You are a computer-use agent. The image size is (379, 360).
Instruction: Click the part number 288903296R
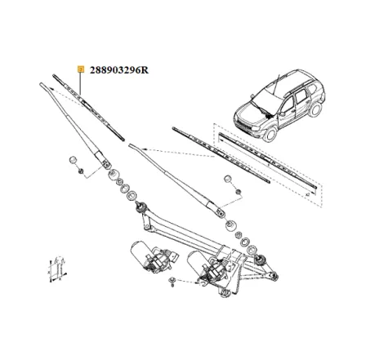(x=121, y=69)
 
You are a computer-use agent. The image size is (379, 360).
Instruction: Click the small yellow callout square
(x=80, y=69)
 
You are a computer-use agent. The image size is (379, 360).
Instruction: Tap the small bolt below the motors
(x=174, y=283)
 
